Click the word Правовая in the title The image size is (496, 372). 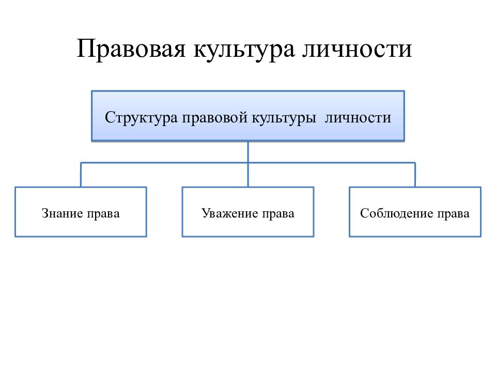click(x=131, y=49)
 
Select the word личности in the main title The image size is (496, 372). click(x=357, y=49)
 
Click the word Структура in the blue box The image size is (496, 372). click(x=141, y=118)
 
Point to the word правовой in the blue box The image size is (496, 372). click(x=215, y=118)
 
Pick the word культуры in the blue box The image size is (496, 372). click(x=284, y=118)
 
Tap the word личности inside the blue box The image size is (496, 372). click(x=358, y=118)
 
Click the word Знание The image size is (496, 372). click(x=62, y=213)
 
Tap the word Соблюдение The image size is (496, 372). click(x=397, y=213)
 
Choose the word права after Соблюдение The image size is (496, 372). click(x=453, y=214)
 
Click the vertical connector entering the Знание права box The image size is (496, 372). click(x=81, y=175)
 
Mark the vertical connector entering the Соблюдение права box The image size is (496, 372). click(x=415, y=175)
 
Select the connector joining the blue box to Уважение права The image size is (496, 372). click(x=248, y=164)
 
